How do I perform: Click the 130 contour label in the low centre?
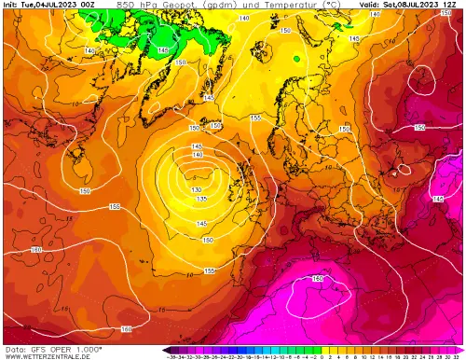coord(196,189)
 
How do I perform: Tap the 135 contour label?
coord(200,199)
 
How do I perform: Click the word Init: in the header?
coord(12,6)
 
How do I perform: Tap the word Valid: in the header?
coord(370,6)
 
